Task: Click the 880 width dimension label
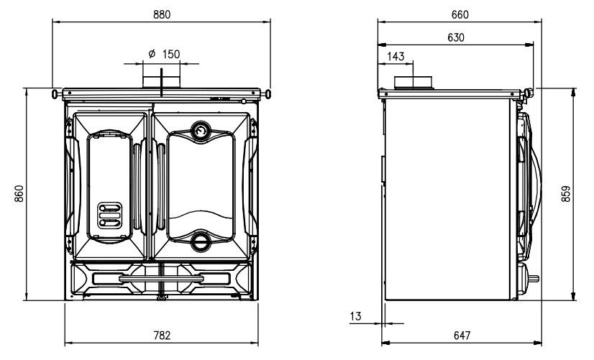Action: click(x=162, y=14)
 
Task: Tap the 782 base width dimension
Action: click(x=162, y=336)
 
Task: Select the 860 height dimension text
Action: click(x=19, y=193)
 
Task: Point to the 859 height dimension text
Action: click(x=565, y=193)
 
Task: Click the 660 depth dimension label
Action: click(x=460, y=14)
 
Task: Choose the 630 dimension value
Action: click(x=456, y=37)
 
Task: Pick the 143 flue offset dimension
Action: click(x=396, y=56)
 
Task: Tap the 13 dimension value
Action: click(x=356, y=316)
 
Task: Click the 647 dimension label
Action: click(x=462, y=336)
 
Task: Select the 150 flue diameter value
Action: click(x=171, y=54)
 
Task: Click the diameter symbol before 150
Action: click(x=152, y=54)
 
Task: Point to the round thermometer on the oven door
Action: click(x=201, y=131)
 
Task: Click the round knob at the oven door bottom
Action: click(x=200, y=241)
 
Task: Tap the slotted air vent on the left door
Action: click(x=110, y=216)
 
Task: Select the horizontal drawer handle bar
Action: click(x=161, y=279)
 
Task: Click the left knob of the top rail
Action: click(x=55, y=93)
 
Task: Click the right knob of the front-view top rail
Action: click(x=268, y=93)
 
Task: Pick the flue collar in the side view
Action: click(x=413, y=83)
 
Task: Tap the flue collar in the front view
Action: click(x=161, y=83)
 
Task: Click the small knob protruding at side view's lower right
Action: click(x=534, y=279)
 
